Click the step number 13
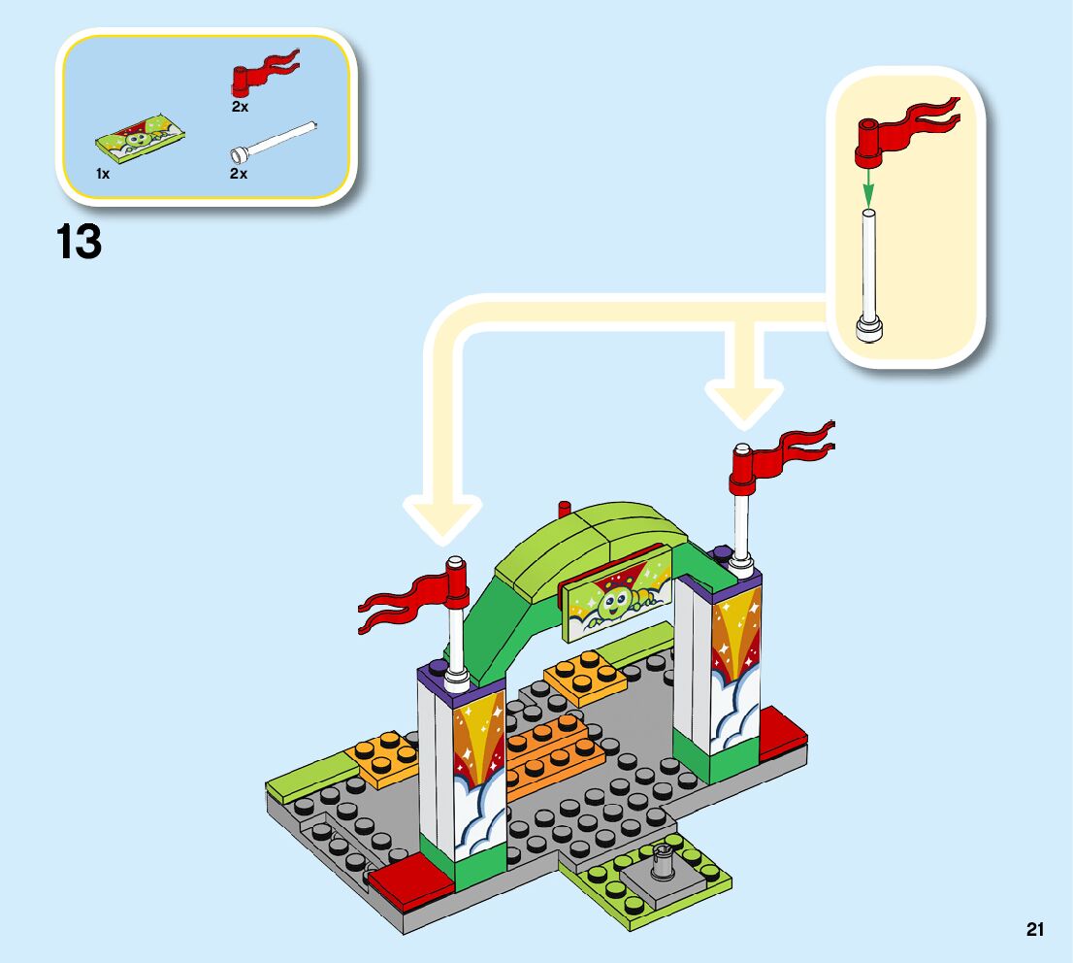(80, 242)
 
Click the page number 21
(1034, 930)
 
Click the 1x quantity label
(102, 174)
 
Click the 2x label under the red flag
(240, 107)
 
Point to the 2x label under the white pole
(239, 174)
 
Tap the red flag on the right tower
(780, 452)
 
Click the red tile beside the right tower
(782, 735)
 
